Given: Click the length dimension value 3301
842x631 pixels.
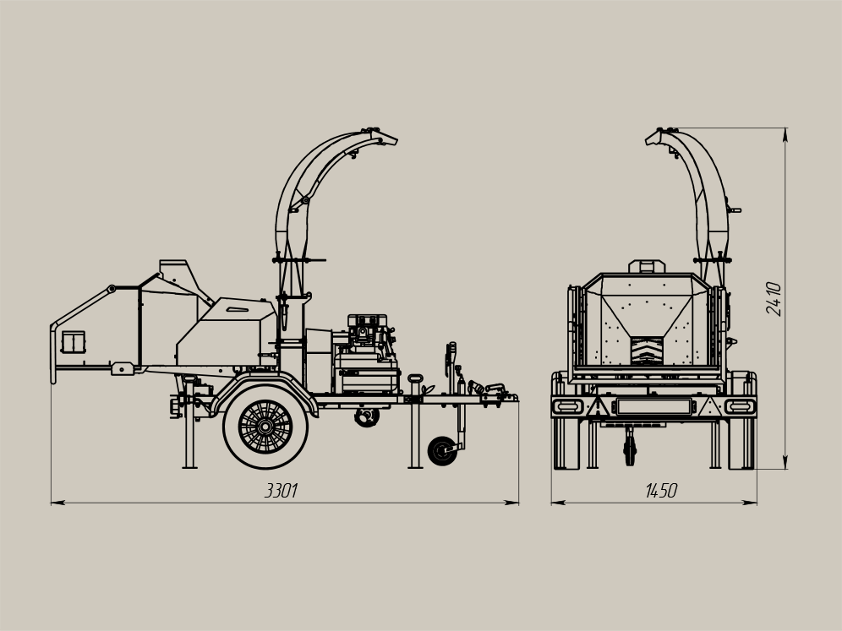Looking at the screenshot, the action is pos(281,491).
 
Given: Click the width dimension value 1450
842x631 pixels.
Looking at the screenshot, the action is pos(661,491).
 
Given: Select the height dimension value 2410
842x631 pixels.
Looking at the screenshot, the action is pos(774,299).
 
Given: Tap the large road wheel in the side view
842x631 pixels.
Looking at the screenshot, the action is pos(265,427).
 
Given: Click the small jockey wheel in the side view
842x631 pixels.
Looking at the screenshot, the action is pos(442,451).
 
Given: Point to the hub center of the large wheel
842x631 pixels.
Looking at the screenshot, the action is pos(265,427).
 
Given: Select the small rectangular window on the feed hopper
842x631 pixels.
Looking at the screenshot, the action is pos(74,342).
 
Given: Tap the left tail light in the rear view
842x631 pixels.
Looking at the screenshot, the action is pos(567,406).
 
